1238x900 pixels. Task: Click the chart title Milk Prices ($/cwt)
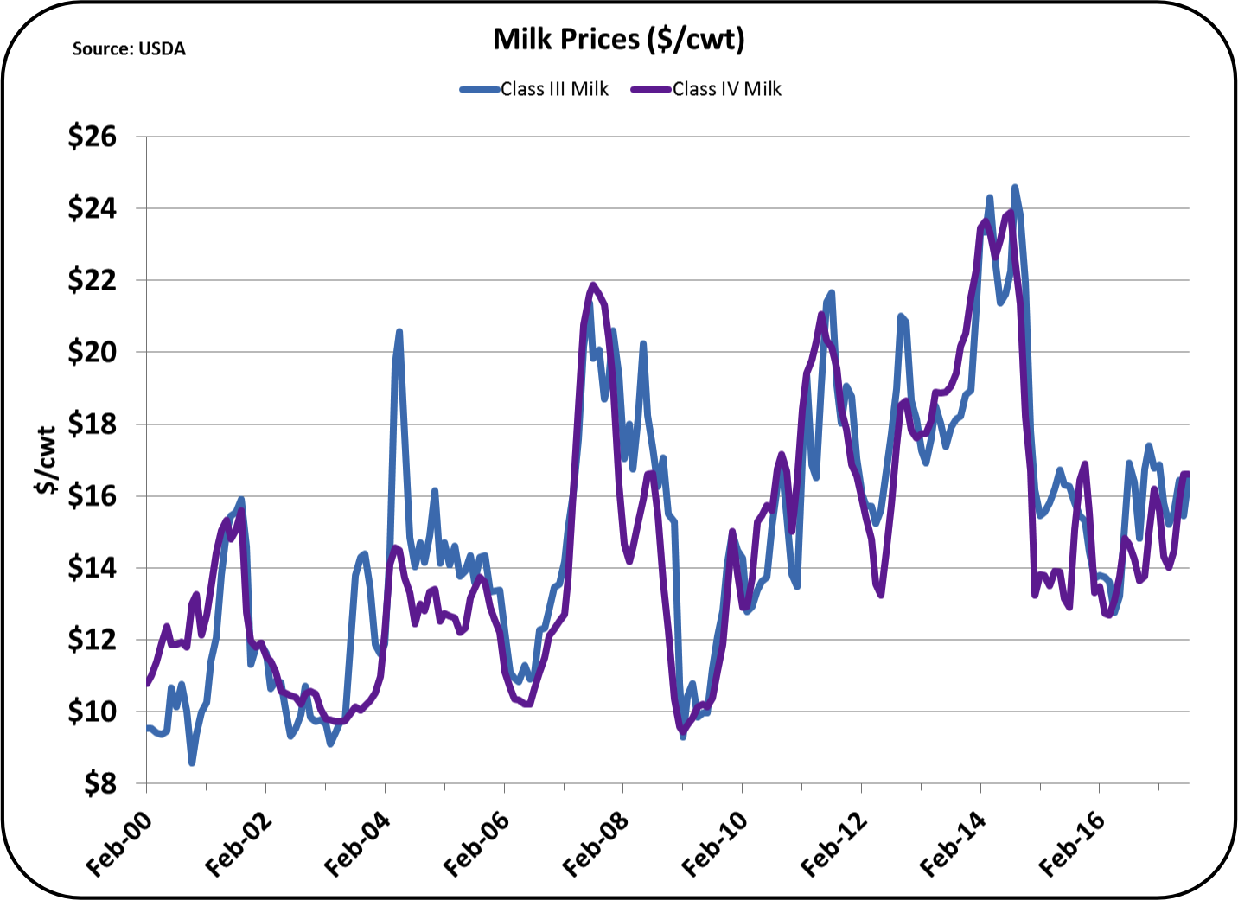point(618,39)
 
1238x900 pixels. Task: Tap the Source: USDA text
point(129,49)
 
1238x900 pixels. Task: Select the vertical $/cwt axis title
point(46,460)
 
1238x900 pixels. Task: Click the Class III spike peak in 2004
point(399,331)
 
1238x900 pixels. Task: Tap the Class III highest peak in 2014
point(1015,187)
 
